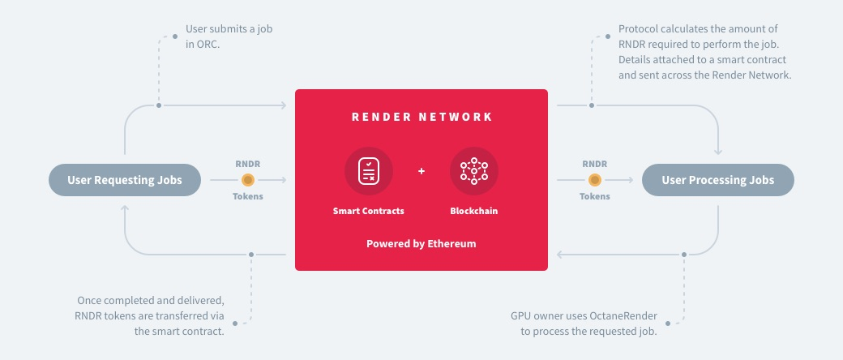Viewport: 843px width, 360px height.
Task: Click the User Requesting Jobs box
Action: [124, 180]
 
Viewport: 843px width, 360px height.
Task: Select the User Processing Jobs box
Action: [717, 180]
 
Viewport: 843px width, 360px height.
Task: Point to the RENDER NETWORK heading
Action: [421, 117]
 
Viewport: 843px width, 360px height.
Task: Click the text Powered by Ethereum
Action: [421, 243]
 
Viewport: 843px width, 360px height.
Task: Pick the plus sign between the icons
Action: [421, 171]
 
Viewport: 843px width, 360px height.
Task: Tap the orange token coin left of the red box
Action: [248, 180]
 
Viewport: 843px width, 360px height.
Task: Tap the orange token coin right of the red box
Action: [595, 180]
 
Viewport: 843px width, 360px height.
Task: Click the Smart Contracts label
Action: [369, 211]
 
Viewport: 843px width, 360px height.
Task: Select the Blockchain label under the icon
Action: [474, 211]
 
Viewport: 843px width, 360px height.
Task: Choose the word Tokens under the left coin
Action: [248, 196]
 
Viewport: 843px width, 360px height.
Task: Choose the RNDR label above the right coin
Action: [595, 164]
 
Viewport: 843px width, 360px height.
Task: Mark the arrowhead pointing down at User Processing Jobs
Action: [718, 152]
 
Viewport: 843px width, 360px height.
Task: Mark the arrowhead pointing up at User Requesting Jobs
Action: [125, 208]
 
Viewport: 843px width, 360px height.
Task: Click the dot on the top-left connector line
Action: [159, 105]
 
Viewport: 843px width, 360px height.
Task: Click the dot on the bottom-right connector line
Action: [685, 255]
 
